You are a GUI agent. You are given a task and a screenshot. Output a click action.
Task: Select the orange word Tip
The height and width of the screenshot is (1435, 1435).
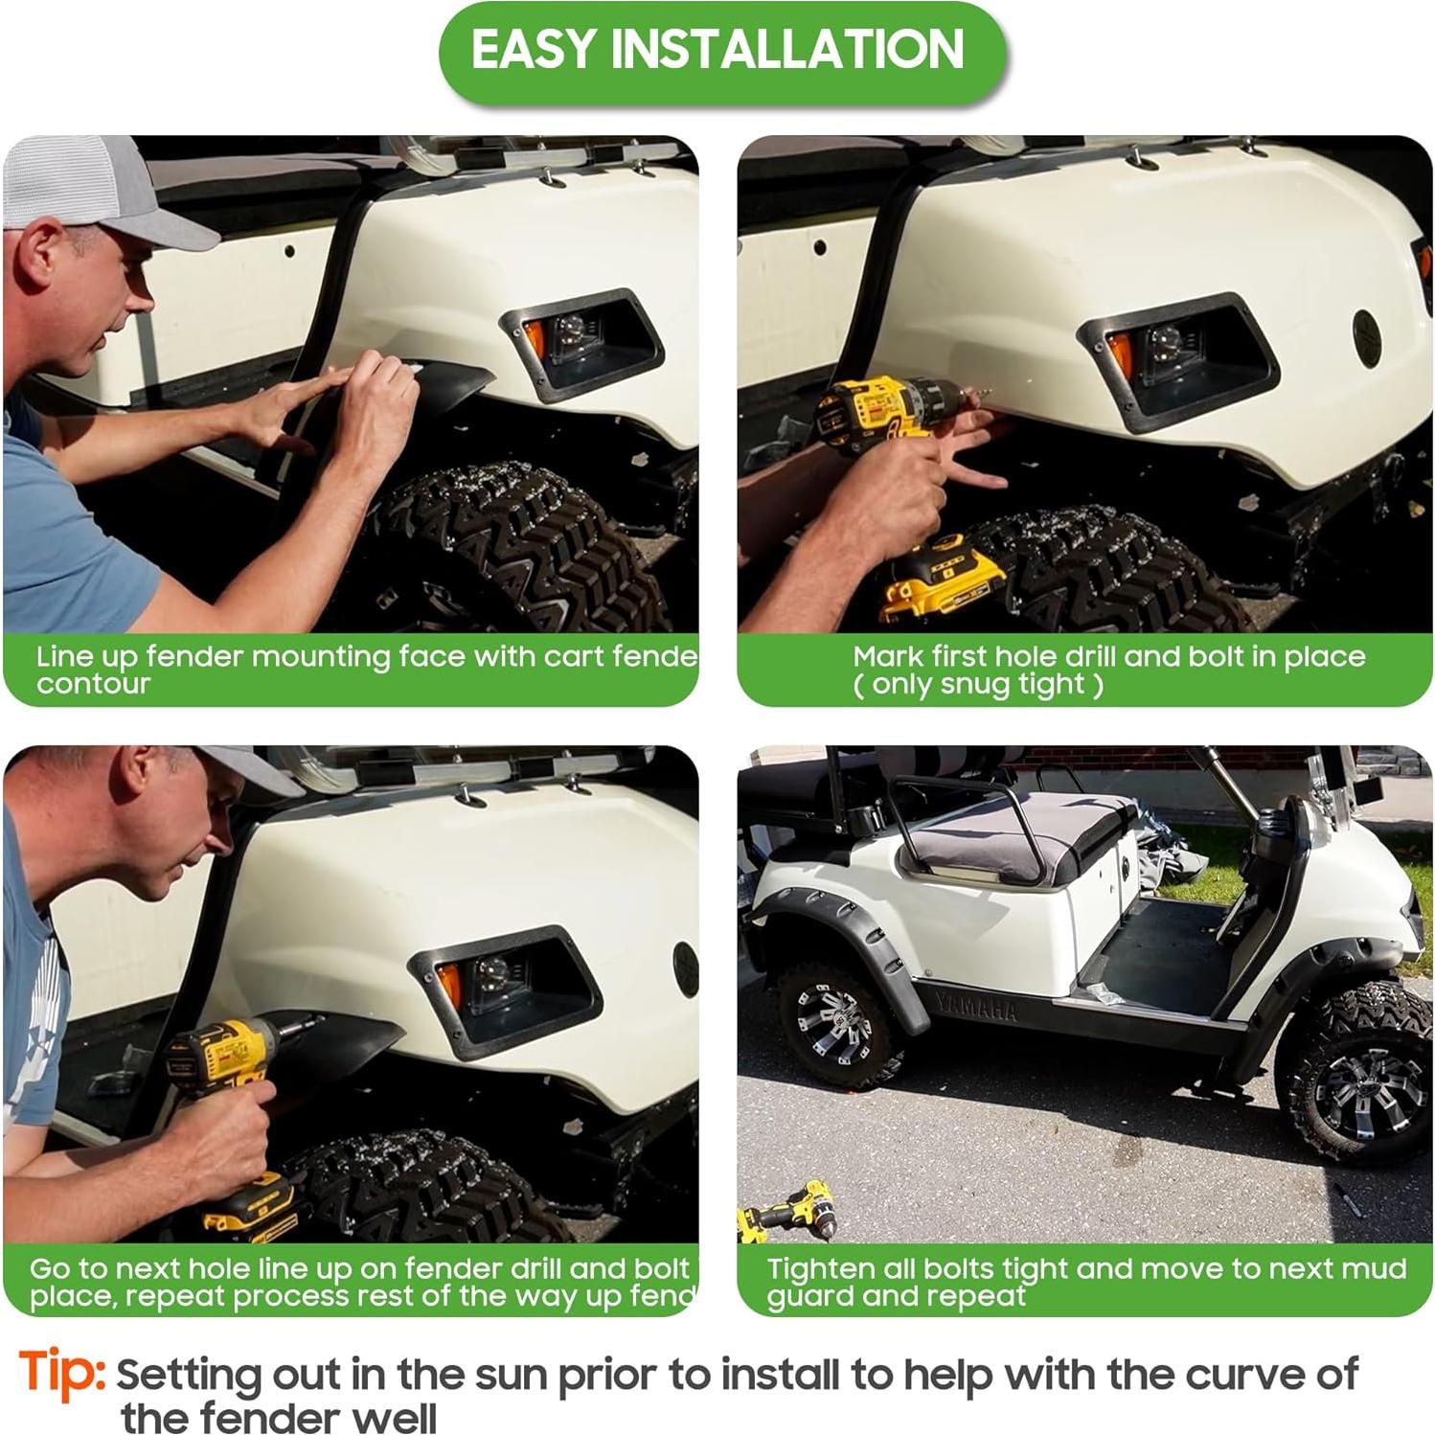tap(60, 1371)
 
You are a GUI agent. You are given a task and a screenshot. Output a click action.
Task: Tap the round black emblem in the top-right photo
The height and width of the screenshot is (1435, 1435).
tap(1367, 335)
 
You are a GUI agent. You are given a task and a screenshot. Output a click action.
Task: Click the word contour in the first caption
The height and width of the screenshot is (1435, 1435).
tap(93, 684)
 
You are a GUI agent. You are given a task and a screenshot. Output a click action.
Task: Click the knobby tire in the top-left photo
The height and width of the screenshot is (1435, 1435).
tap(517, 546)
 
